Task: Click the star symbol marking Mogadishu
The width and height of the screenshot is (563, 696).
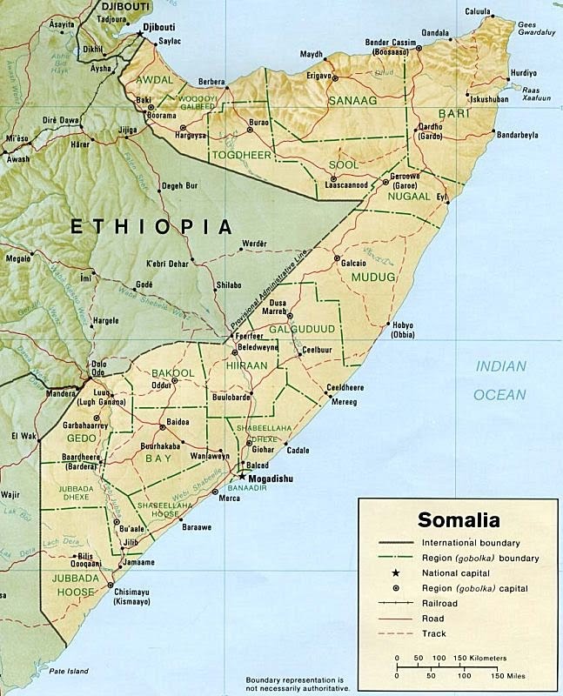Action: (x=243, y=478)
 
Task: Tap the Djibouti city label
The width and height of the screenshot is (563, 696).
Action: (x=163, y=27)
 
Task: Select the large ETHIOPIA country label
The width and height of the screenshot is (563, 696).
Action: (x=151, y=226)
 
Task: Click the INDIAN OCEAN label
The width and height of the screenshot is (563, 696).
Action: (x=499, y=380)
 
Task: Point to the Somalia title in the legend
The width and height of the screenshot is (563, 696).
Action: (x=459, y=521)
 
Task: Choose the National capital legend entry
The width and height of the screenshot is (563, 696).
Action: (x=457, y=573)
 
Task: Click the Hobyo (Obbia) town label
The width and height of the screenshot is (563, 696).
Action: (x=403, y=329)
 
